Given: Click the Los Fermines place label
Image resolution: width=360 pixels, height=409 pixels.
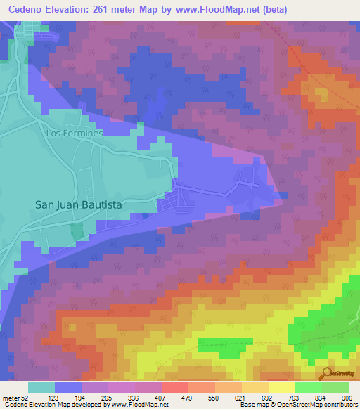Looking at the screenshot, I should click(x=75, y=133).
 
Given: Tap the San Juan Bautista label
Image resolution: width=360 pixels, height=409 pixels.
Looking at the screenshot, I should click(x=79, y=204).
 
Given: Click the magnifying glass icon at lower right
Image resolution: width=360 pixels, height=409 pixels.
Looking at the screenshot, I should click(x=327, y=374).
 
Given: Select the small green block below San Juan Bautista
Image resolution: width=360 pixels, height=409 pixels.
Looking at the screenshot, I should click(x=76, y=231).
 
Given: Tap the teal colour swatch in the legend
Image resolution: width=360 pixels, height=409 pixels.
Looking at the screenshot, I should click(x=41, y=387).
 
